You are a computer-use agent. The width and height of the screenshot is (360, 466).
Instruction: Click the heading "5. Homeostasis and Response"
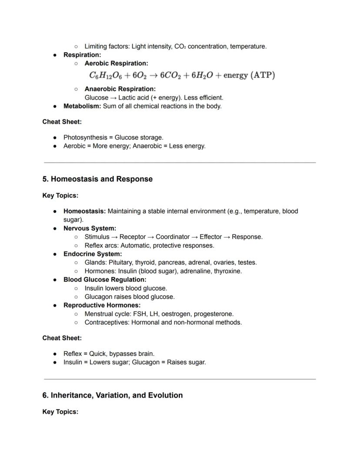pyautogui.click(x=97, y=179)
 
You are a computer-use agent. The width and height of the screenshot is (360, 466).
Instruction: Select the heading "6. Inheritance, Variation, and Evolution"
pyautogui.click(x=112, y=396)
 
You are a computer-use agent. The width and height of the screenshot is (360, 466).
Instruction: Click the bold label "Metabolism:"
pyautogui.click(x=82, y=106)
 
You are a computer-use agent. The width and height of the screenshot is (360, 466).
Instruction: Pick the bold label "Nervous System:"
pyautogui.click(x=90, y=228)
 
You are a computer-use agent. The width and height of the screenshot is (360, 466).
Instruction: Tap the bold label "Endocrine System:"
pyautogui.click(x=93, y=254)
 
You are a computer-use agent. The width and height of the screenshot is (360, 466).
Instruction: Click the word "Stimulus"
pyautogui.click(x=97, y=237)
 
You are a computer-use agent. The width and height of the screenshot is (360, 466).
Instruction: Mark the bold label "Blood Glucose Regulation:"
pyautogui.click(x=105, y=280)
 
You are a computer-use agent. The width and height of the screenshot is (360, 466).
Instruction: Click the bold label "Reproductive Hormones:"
pyautogui.click(x=102, y=305)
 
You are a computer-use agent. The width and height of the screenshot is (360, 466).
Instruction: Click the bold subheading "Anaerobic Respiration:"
pyautogui.click(x=120, y=89)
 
